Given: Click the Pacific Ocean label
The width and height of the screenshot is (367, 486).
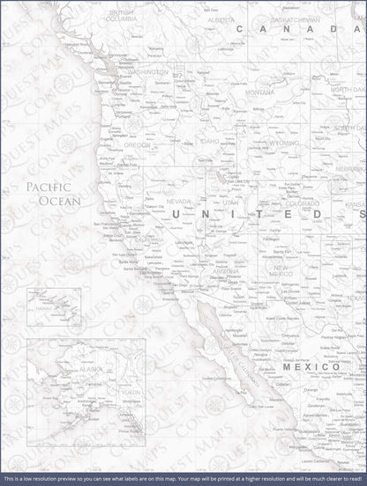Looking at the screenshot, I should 53,194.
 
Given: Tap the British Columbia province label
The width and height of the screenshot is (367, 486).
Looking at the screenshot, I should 121,16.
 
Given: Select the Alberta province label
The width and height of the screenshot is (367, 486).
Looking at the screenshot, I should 221,19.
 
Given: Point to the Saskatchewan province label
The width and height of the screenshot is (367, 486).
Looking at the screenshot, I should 296,18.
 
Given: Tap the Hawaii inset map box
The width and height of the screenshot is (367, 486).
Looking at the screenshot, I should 54,309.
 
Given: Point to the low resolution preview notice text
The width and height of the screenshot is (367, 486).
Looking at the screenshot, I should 183,479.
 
